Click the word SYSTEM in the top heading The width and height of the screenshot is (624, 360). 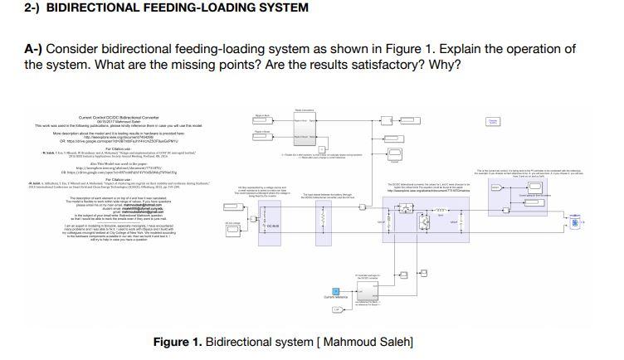tap(282, 7)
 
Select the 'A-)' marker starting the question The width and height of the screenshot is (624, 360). tap(35, 49)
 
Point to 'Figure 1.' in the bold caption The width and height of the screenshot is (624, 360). tap(178, 343)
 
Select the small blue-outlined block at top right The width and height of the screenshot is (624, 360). tap(495, 122)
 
